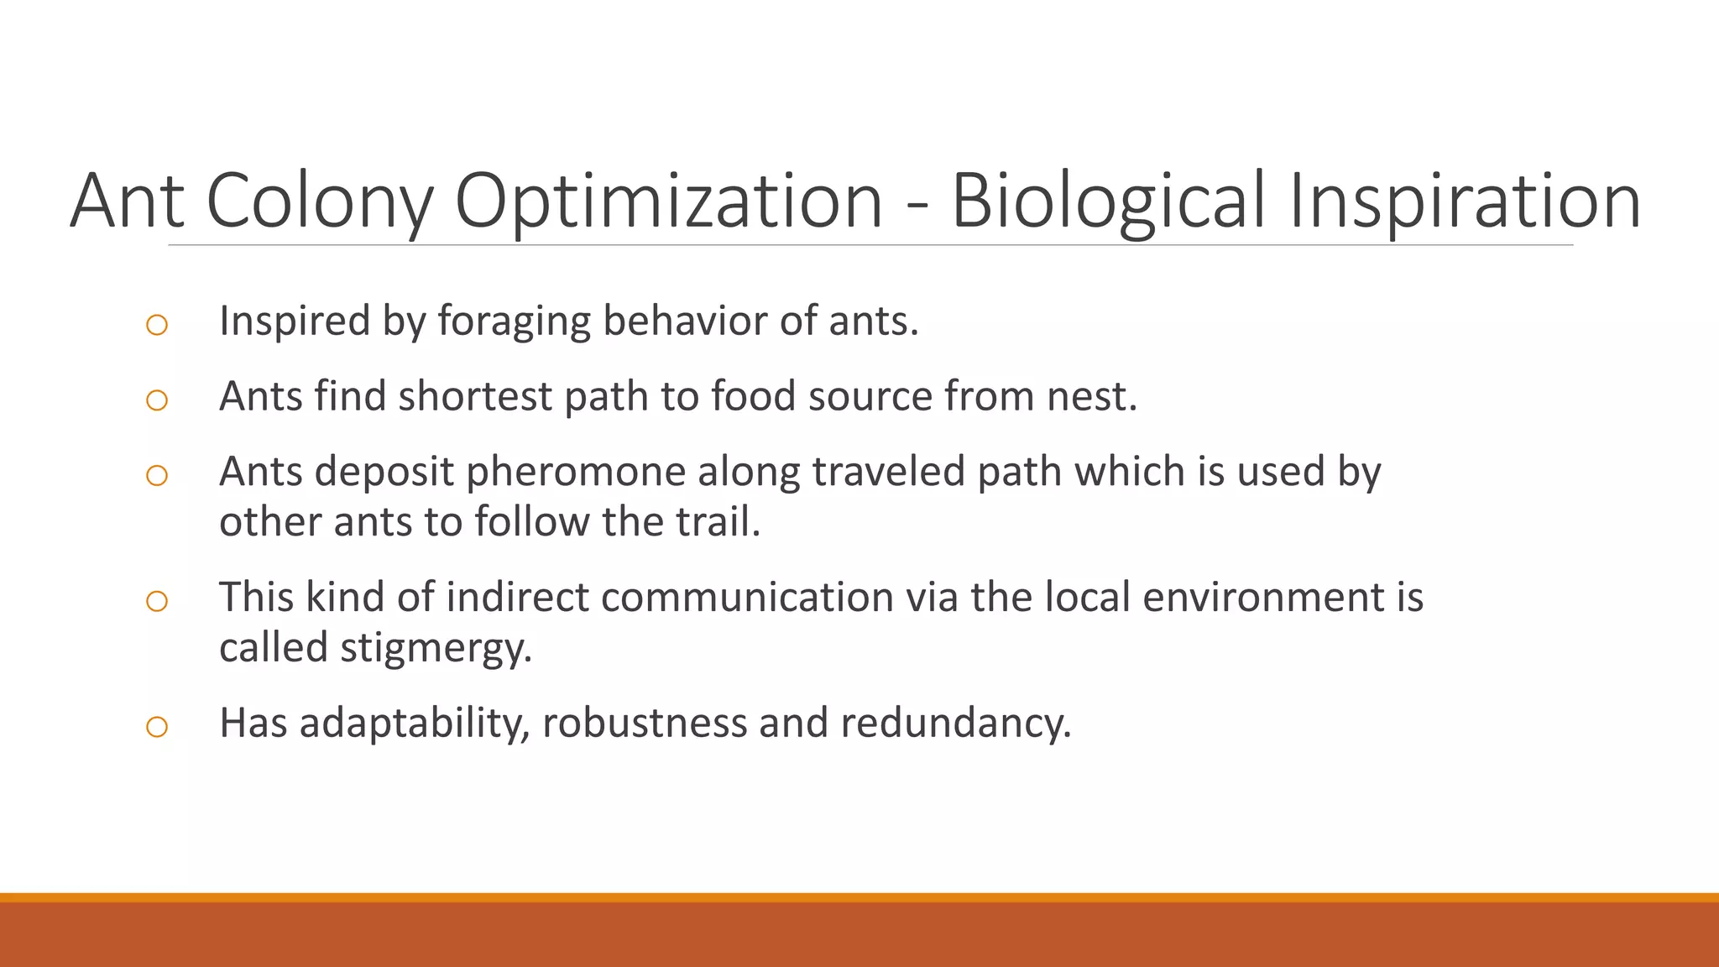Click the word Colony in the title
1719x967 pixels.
click(319, 201)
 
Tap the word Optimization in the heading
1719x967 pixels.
click(668, 201)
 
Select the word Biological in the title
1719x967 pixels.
click(1107, 201)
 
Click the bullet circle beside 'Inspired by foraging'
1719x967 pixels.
click(157, 325)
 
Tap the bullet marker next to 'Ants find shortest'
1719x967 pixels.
click(157, 400)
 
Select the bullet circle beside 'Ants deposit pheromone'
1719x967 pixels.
click(157, 476)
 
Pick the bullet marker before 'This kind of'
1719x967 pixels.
click(157, 601)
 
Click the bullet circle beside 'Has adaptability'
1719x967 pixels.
click(157, 727)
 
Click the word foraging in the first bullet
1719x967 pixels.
click(514, 321)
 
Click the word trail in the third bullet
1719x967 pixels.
click(718, 522)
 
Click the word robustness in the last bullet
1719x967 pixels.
click(644, 724)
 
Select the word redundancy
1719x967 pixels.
click(954, 724)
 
